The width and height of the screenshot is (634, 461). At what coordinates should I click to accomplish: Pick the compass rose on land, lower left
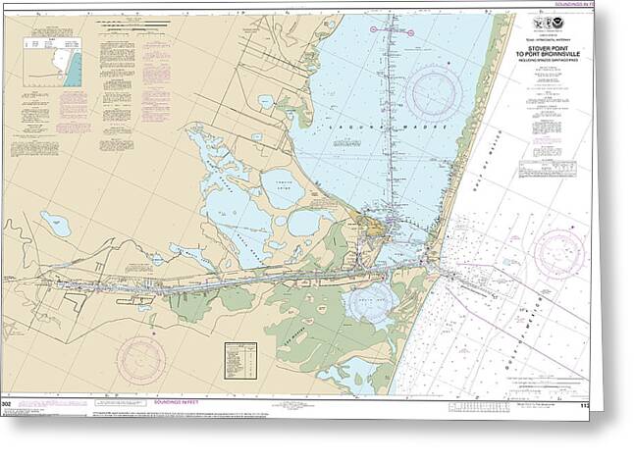[x=140, y=358]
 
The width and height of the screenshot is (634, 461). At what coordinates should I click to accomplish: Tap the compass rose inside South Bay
[x=372, y=299]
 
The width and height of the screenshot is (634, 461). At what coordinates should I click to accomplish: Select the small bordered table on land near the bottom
[x=240, y=360]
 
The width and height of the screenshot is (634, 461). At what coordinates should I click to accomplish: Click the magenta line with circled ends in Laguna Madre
[x=394, y=31]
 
